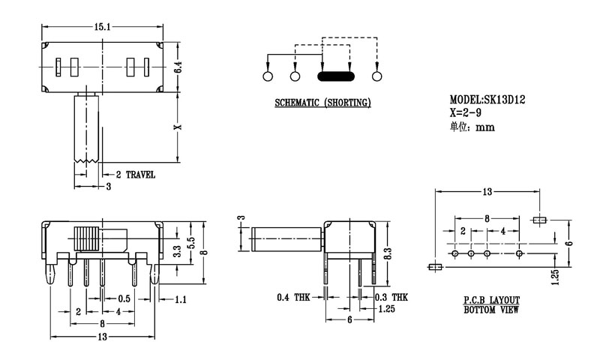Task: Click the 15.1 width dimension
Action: tap(103, 27)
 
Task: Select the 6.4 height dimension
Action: tap(178, 67)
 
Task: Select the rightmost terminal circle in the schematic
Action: tap(376, 76)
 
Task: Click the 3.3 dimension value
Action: tap(177, 252)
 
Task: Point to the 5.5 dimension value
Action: tap(191, 244)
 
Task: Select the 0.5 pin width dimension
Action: tap(124, 298)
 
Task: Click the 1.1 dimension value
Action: tap(180, 299)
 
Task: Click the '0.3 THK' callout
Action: tap(390, 298)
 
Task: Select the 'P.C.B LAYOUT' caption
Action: tap(491, 300)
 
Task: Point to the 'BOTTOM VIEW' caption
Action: tap(491, 309)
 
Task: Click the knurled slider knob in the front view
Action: tap(86, 238)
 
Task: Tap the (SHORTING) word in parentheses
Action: tap(346, 103)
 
